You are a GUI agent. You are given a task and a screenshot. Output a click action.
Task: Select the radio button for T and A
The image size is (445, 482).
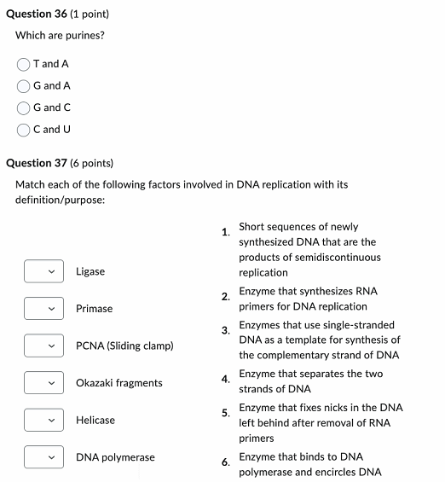click(24, 64)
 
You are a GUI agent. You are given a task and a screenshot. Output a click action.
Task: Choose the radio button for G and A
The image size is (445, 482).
click(24, 86)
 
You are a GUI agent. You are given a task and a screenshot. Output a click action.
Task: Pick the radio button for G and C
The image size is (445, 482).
click(24, 108)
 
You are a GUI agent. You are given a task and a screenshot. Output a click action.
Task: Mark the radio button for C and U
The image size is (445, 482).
click(24, 130)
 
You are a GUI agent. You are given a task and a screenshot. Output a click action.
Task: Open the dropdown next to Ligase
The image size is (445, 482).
click(42, 271)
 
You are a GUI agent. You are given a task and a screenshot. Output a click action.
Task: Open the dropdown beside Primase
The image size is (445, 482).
click(42, 309)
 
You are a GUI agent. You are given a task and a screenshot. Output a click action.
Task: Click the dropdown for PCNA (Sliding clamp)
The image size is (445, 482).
click(42, 346)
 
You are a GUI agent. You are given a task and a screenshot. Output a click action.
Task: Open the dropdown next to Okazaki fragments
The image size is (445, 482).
click(42, 383)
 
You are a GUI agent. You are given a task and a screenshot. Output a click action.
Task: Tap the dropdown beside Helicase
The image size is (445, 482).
click(42, 420)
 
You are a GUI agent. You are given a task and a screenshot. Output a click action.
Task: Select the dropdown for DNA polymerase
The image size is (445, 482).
click(42, 457)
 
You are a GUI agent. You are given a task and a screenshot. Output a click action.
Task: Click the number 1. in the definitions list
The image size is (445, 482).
click(225, 232)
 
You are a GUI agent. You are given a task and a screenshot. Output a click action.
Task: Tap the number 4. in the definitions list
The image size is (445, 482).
click(225, 379)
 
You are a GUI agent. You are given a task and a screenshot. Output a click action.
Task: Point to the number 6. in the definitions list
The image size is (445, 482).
click(225, 462)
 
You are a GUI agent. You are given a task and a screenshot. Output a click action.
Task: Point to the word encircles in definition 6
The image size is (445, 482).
click(335, 473)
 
